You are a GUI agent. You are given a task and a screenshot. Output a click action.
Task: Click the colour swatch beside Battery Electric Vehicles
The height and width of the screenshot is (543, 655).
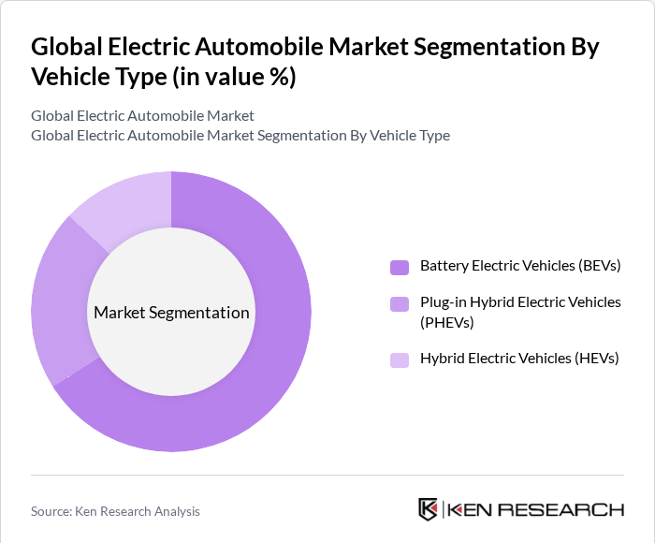coord(400,267)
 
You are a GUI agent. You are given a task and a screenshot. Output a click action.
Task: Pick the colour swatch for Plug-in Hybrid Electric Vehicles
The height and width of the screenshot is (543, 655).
coord(400,303)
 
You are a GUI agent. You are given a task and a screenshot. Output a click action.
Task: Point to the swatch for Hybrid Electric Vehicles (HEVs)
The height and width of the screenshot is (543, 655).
coord(400,360)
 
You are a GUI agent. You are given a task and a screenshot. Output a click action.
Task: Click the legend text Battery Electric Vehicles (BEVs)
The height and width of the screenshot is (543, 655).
coord(520,266)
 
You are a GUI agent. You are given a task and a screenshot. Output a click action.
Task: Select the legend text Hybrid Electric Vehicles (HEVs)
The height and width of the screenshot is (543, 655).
coord(519,359)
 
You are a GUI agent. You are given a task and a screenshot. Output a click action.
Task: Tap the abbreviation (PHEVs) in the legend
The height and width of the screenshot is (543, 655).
coord(447,323)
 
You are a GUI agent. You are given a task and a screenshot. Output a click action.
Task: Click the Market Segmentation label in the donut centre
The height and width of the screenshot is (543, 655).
coord(171,313)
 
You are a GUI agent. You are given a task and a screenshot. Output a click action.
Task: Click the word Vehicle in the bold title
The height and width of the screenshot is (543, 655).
coord(71,78)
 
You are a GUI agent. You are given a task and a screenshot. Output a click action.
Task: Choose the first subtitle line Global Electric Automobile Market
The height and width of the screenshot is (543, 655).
coord(142,116)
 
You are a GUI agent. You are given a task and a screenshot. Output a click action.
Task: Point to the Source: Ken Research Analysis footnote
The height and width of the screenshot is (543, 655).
coord(115,511)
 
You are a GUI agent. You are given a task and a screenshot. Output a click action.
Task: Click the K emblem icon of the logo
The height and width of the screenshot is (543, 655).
coord(428,509)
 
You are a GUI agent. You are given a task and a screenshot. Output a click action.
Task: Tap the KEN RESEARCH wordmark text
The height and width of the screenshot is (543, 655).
coord(536,510)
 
